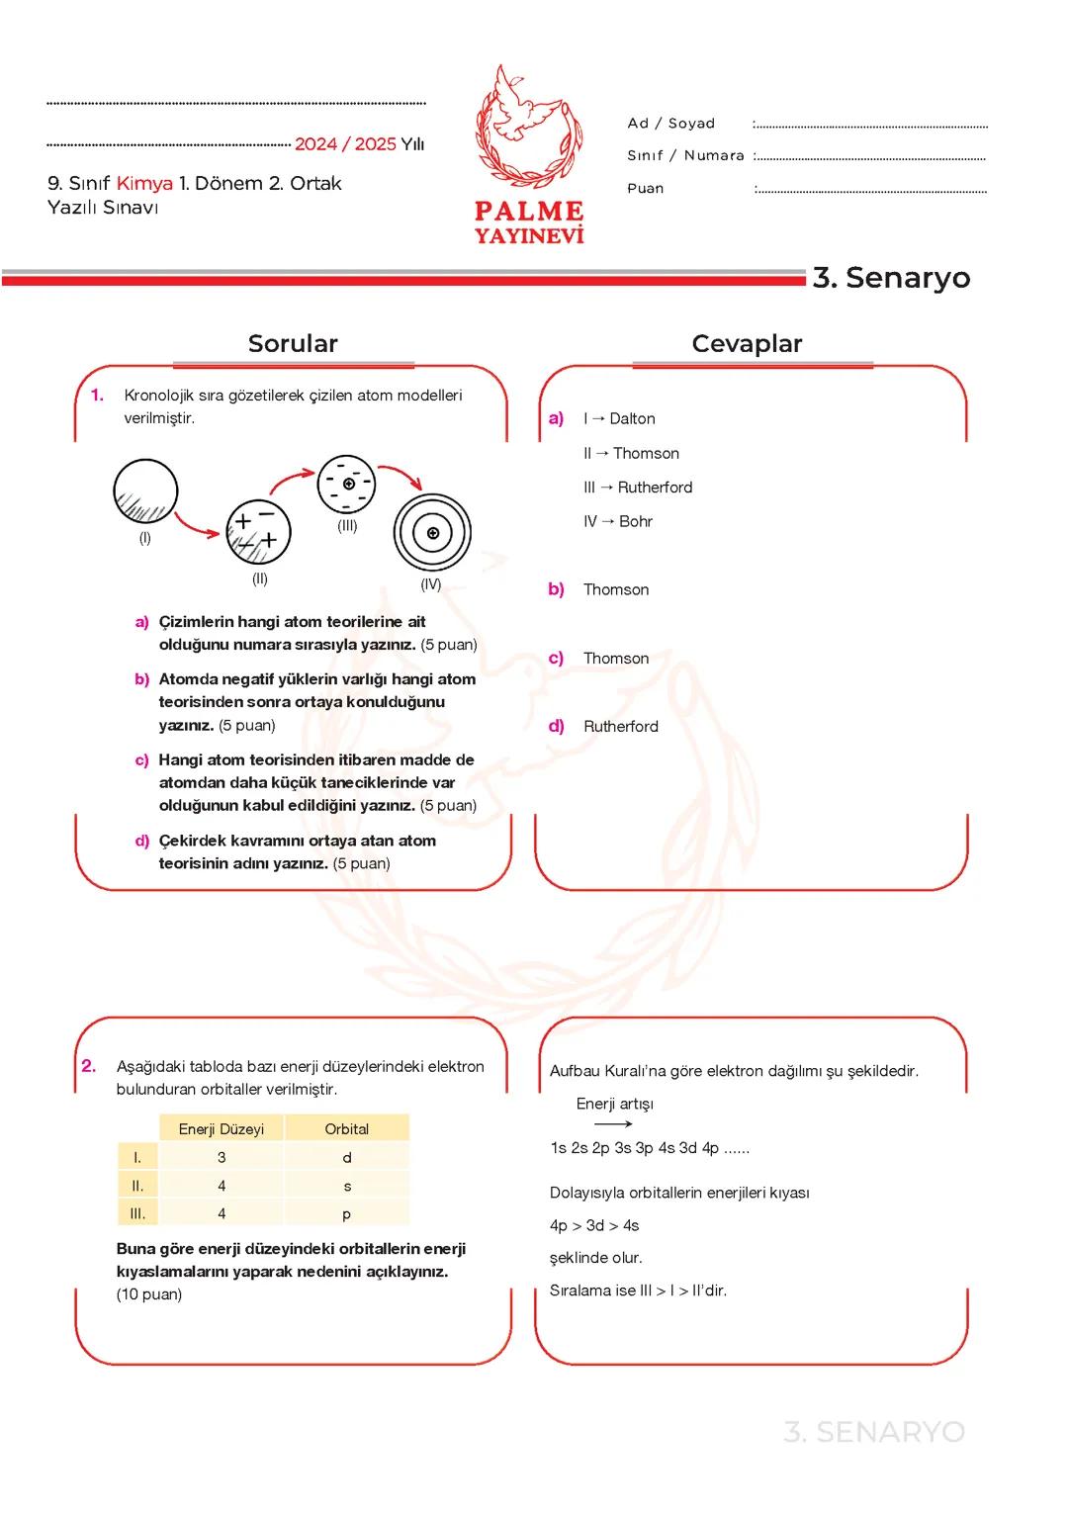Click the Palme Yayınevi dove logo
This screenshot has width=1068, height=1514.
pos(528,129)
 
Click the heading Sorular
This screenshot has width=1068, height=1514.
pos(293,344)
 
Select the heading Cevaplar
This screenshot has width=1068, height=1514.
pos(747,344)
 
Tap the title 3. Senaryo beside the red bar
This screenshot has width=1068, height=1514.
pos(891,278)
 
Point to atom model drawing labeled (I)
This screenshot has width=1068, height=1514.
pos(145,491)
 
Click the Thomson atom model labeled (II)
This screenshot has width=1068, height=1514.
pos(259,532)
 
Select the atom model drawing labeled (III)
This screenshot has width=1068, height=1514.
pos(346,484)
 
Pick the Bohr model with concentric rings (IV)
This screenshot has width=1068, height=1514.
pos(432,533)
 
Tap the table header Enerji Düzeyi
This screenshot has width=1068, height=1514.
pos(222,1129)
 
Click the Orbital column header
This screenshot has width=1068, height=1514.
pos(346,1129)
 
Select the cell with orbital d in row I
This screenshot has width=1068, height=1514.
pos(346,1158)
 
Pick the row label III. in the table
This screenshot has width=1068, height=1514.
pos(137,1213)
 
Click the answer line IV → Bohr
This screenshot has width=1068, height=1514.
pos(618,521)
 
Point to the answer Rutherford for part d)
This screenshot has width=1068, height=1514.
pos(620,726)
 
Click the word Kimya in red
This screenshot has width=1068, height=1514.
pos(144,183)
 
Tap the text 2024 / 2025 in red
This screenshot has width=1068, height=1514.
pos(345,144)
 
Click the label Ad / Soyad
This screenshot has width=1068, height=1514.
pos(670,124)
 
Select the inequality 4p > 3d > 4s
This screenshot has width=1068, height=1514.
pos(594,1225)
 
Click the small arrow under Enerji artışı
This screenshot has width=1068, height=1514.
pos(613,1124)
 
